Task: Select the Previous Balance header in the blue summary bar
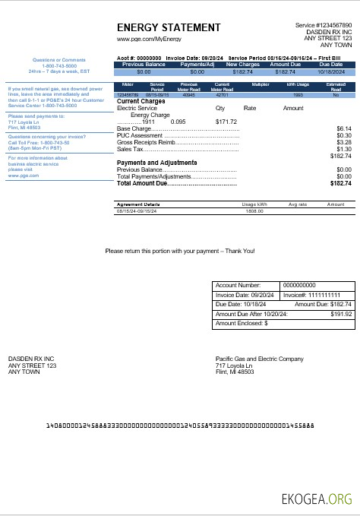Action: click(144, 65)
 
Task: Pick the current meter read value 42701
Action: click(223, 95)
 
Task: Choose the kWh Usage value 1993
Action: click(298, 95)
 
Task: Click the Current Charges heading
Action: click(141, 101)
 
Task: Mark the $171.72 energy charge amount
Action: click(226, 122)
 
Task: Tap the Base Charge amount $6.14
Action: click(344, 128)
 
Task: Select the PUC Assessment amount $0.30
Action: click(344, 135)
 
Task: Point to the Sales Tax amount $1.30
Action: click(344, 149)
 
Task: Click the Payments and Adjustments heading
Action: click(156, 163)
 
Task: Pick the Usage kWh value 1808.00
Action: click(252, 211)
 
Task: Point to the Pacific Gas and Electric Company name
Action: click(260, 358)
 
